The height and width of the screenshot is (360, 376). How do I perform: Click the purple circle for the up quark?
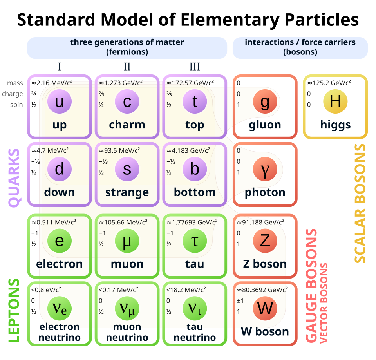tap(60, 102)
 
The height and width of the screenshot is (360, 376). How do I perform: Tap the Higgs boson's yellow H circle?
tap(335, 101)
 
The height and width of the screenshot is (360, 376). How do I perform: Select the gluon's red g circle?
tap(265, 101)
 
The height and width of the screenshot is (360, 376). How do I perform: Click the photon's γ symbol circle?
tap(265, 169)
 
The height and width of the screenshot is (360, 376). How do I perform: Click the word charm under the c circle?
tap(127, 125)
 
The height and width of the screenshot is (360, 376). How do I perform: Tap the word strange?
tap(127, 193)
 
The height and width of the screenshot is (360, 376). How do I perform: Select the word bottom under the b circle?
tap(195, 193)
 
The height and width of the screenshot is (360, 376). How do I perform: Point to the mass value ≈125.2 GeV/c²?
tap(329, 83)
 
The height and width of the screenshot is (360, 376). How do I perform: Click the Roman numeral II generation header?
tap(127, 66)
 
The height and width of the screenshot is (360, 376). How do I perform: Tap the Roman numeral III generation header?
tap(195, 66)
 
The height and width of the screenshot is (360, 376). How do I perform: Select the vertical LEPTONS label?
tap(14, 310)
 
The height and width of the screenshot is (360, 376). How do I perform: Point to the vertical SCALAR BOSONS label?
tap(360, 204)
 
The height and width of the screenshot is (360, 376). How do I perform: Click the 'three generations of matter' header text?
tap(127, 42)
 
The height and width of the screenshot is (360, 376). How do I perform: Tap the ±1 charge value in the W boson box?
tap(240, 301)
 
